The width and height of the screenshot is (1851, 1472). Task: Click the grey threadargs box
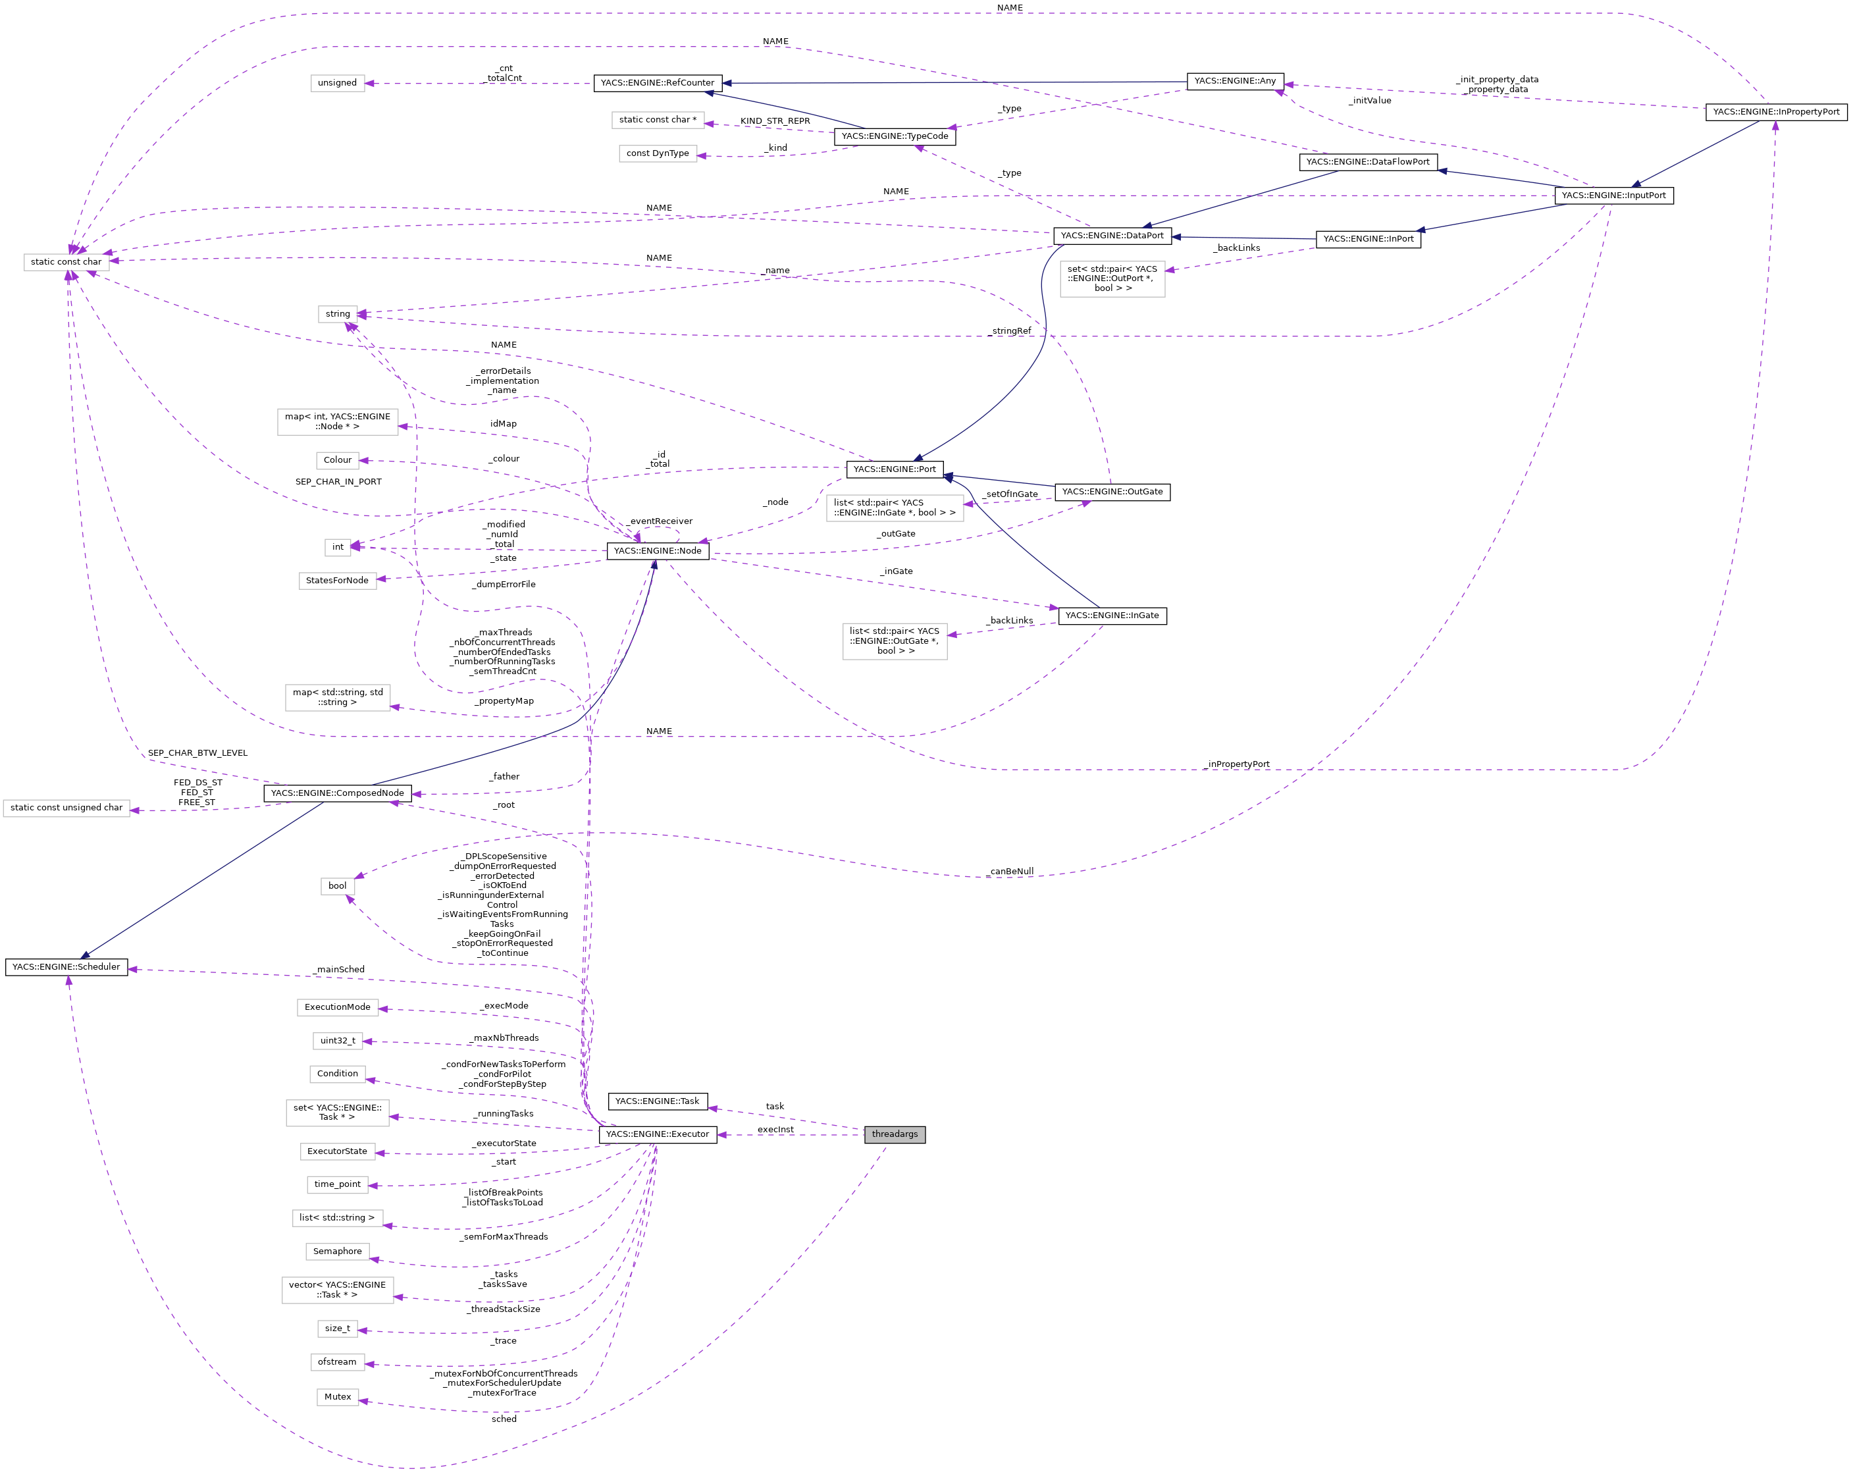pos(895,1134)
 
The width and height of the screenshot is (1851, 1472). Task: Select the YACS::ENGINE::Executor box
pos(657,1134)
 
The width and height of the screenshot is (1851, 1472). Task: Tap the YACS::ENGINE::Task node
pos(657,1101)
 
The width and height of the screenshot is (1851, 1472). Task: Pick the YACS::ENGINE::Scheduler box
pos(66,967)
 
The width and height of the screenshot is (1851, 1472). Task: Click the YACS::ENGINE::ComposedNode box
pos(338,793)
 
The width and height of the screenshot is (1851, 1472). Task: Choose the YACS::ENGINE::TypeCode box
pos(895,136)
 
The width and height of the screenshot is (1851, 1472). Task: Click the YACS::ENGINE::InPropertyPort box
pos(1775,112)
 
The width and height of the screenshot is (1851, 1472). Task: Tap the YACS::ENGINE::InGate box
pos(1112,616)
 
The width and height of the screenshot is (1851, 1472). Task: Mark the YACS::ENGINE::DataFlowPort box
pos(1368,161)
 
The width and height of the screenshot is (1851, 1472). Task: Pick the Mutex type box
pos(338,1396)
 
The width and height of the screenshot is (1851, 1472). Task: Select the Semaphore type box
pos(338,1251)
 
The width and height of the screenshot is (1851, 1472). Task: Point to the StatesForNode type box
pos(338,581)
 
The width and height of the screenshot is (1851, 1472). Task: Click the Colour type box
pos(338,460)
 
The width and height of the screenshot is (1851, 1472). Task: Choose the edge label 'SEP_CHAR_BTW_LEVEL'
pos(197,753)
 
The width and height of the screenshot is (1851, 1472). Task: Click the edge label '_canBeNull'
pos(1010,872)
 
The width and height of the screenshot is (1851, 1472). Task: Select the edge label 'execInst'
pos(775,1129)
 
